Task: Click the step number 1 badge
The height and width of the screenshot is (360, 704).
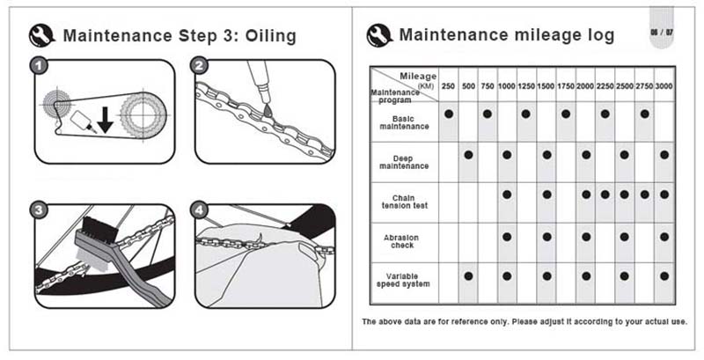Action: [39, 66]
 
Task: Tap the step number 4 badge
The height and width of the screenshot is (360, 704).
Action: [200, 210]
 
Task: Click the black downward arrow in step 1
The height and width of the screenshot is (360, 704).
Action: [105, 120]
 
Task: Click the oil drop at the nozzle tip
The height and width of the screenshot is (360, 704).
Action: [267, 109]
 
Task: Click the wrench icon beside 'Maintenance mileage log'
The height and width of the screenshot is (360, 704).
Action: [380, 35]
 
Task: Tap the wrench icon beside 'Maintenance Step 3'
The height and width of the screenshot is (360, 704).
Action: [42, 36]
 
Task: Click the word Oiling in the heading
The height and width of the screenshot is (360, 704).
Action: [270, 35]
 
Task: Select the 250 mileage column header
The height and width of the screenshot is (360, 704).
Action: [448, 85]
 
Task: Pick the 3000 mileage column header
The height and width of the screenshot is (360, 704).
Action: [664, 85]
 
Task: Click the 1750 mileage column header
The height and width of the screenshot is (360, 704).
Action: [566, 85]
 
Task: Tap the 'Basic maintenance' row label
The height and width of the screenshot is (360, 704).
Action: [404, 122]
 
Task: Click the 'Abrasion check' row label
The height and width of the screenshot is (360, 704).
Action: [402, 241]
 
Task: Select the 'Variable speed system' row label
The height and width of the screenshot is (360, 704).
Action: [403, 280]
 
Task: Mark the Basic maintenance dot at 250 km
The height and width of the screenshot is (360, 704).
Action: [448, 114]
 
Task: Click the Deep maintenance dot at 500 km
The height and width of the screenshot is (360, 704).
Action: [468, 155]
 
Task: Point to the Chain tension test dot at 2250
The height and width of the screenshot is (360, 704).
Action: [605, 195]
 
